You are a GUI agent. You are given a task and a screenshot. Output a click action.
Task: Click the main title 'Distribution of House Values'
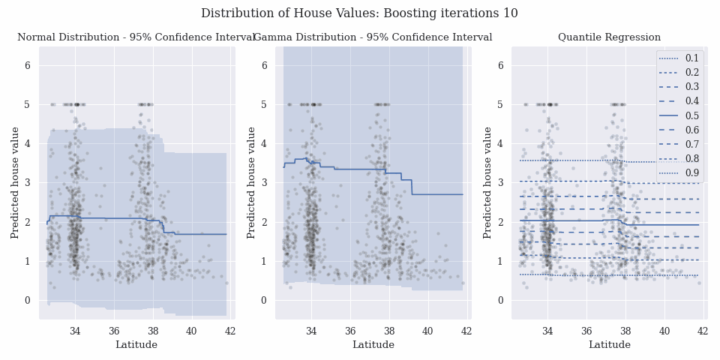point(359,13)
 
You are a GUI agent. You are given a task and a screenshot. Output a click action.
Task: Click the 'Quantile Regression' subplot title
point(609,37)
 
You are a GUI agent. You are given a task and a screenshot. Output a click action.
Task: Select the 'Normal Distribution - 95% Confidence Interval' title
point(136,37)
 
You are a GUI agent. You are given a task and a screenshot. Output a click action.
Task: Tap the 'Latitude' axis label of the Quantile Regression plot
point(609,345)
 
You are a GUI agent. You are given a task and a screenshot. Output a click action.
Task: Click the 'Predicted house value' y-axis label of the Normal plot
point(15,183)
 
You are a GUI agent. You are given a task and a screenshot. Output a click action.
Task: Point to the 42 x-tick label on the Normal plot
point(230,331)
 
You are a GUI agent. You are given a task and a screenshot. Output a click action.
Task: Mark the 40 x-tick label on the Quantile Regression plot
point(664,331)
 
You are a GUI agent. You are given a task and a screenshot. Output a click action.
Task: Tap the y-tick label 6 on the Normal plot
point(28,65)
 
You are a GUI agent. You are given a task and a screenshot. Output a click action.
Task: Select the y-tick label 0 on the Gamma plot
point(264,301)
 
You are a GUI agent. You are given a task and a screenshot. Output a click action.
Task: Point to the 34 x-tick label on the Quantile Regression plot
point(547,331)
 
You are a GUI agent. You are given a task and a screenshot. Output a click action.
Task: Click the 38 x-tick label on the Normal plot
point(152,331)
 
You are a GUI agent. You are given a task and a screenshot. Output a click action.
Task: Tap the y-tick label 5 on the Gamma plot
point(264,105)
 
